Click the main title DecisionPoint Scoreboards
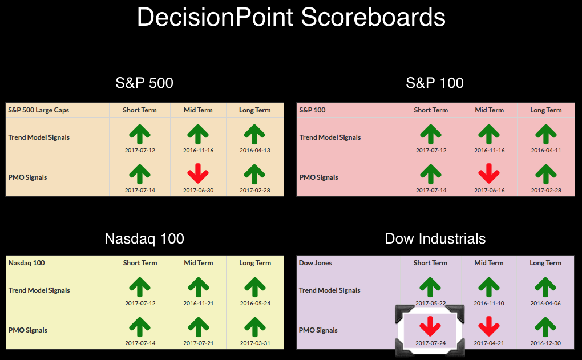291,17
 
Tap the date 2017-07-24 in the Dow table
430,343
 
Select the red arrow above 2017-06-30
198,173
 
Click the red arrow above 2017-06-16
489,173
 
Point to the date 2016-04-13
254,150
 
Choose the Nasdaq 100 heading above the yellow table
144,238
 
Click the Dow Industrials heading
435,238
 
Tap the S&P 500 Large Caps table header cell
39,110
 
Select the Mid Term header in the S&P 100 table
489,110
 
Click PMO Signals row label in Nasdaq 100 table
28,330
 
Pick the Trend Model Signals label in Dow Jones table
330,290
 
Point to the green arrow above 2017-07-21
199,327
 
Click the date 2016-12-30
545,343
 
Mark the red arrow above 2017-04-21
489,326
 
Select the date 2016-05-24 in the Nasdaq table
255,303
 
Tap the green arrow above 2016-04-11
545,134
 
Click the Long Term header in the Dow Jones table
545,263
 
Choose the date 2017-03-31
255,343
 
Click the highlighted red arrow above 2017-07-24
430,326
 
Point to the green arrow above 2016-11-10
489,287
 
